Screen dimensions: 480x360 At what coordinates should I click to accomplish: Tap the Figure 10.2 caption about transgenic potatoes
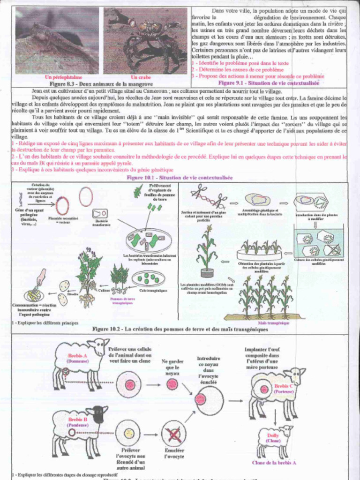click(x=180, y=329)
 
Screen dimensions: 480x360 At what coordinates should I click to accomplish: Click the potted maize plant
click(x=206, y=251)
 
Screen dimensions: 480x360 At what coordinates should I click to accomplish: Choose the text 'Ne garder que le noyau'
click(x=172, y=368)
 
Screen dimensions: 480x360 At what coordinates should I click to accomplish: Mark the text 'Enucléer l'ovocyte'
click(x=174, y=453)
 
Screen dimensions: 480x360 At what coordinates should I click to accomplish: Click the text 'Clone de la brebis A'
click(x=274, y=463)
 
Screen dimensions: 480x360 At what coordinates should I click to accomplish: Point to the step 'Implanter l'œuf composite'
click(x=262, y=359)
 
